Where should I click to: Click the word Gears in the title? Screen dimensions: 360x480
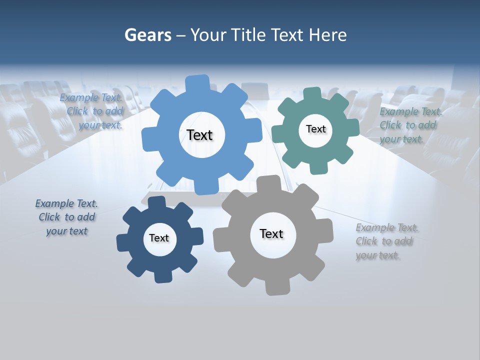tap(148, 35)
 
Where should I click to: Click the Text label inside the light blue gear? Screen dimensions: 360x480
tap(200, 135)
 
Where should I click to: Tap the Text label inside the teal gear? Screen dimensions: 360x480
tap(316, 129)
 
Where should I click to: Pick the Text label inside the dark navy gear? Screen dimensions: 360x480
tap(159, 238)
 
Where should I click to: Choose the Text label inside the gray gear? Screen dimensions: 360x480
tap(271, 233)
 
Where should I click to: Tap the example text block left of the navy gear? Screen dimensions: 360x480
tap(66, 217)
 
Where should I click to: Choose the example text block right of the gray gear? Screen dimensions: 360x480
tap(386, 241)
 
